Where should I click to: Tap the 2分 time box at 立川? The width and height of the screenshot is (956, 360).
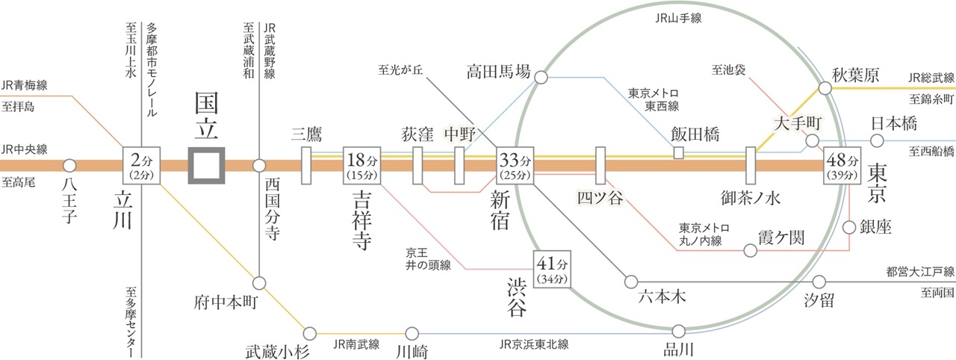click(x=141, y=165)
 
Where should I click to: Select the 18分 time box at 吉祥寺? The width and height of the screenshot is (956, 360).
click(x=362, y=165)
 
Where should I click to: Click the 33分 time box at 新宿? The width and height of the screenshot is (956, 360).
click(x=516, y=165)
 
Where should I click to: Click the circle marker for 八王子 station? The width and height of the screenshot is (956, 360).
click(x=69, y=165)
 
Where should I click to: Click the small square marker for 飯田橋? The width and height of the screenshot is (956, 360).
click(x=679, y=153)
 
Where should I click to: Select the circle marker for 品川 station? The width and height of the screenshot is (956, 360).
click(x=679, y=330)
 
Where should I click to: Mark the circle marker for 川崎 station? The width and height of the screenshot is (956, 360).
click(x=412, y=332)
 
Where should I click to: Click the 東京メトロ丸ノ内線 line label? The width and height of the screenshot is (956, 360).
click(x=701, y=234)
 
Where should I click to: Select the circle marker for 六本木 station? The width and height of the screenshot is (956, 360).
click(x=632, y=282)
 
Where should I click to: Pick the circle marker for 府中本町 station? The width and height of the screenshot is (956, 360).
click(x=259, y=283)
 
